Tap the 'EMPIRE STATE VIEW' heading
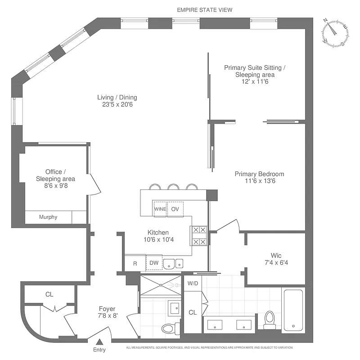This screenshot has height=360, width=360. pyautogui.click(x=205, y=9)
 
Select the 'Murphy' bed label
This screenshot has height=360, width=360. pyautogui.click(x=48, y=217)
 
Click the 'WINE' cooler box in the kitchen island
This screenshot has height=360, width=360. pyautogui.click(x=160, y=209)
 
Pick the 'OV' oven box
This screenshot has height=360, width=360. pyautogui.click(x=175, y=209)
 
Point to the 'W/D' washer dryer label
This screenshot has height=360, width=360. pyautogui.click(x=193, y=284)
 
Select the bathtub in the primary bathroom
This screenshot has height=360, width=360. pyautogui.click(x=293, y=310)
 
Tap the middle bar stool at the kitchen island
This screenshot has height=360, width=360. pyautogui.click(x=173, y=186)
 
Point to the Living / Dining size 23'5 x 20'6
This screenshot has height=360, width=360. pyautogui.click(x=117, y=104)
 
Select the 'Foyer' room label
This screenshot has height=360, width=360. pyautogui.click(x=107, y=309)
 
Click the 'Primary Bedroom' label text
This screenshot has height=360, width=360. pyautogui.click(x=259, y=174)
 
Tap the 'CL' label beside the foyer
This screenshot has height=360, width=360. pyautogui.click(x=49, y=294)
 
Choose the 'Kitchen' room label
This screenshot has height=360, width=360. pyautogui.click(x=158, y=233)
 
